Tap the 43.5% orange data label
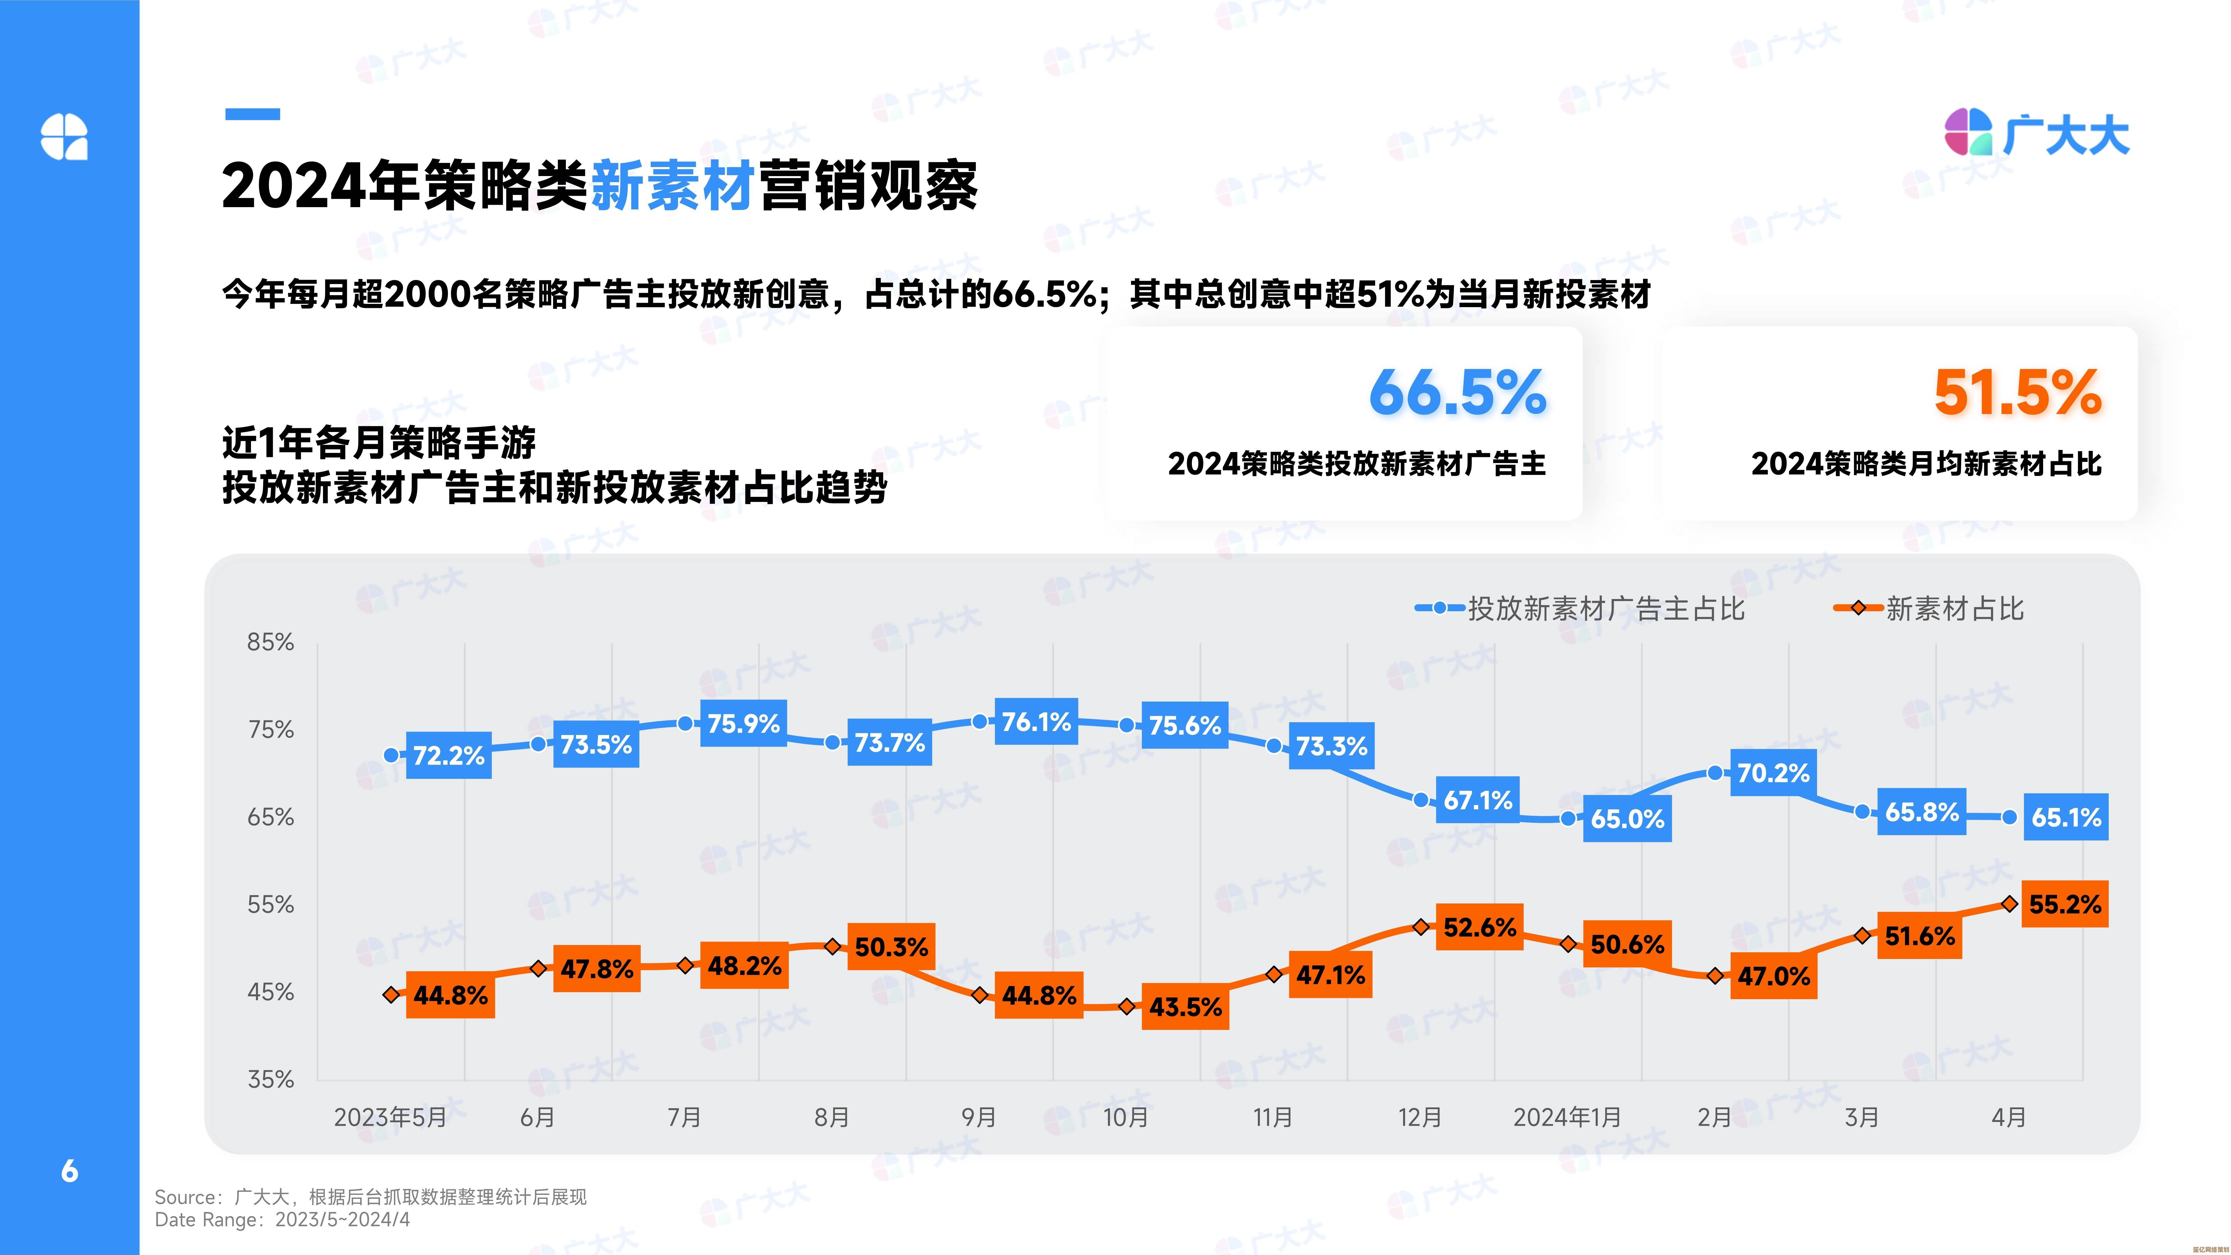1185,1006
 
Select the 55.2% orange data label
2065,904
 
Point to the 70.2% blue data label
1773,772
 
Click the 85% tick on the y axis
270,642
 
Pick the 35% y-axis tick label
270,1079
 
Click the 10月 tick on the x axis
1125,1117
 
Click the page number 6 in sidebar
69,1171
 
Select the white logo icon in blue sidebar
64,137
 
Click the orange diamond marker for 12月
1420,927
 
